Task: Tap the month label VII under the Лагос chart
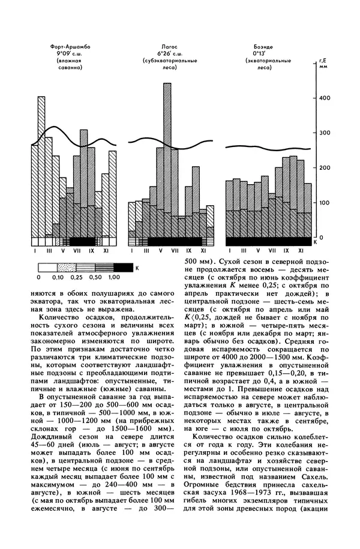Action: click(x=175, y=250)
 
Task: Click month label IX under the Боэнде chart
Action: click(x=286, y=250)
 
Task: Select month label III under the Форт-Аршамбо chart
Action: click(x=49, y=250)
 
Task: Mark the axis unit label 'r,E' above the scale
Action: click(x=322, y=60)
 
